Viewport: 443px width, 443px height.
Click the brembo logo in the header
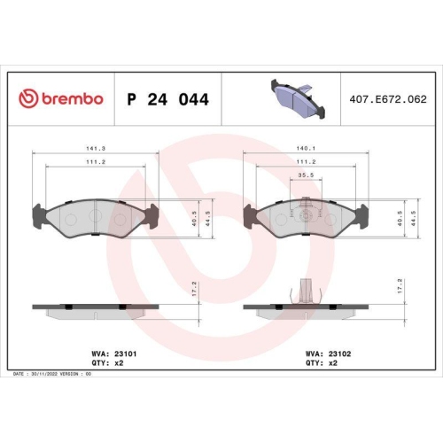point(61,98)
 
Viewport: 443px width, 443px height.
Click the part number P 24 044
point(167,99)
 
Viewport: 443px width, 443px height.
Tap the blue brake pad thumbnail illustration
point(298,98)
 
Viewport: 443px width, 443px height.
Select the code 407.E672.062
point(388,99)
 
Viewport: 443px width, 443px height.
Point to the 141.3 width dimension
point(96,149)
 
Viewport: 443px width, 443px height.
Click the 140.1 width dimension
point(306,148)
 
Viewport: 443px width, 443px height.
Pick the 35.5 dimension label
point(306,175)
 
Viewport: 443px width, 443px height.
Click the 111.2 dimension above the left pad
point(96,162)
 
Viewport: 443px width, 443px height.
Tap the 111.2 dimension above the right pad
point(306,161)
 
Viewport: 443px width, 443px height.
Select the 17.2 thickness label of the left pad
point(194,289)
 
